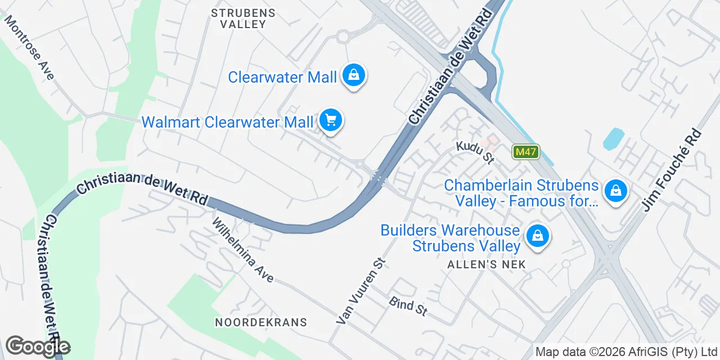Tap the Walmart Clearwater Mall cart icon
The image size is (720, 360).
pos(331,120)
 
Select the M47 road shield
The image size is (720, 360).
pos(526,151)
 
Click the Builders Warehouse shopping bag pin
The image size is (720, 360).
pos(538,236)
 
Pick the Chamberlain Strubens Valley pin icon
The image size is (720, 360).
pos(616,191)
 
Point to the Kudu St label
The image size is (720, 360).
pos(475,152)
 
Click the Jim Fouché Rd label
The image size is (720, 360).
pos(672,170)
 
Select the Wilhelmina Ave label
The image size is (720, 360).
pos(242,250)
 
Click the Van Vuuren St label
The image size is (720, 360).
pos(361,291)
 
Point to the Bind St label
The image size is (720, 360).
pos(408,306)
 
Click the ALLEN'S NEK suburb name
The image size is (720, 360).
pos(487,264)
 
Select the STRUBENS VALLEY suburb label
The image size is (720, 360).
pos(243,19)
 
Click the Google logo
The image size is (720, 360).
pos(38,346)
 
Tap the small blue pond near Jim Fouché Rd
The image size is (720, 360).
pos(613,139)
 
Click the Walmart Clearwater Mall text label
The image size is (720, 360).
pos(227,122)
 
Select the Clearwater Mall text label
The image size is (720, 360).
pos(282,77)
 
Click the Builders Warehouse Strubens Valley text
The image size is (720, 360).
pos(450,238)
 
